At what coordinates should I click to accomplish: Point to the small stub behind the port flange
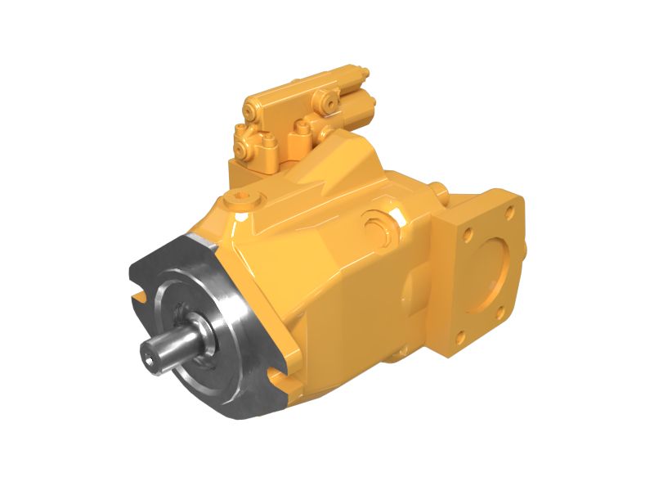click(x=442, y=190)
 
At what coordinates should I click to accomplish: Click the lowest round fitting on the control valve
click(x=243, y=151)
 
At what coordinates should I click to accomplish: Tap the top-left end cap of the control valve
click(x=249, y=106)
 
